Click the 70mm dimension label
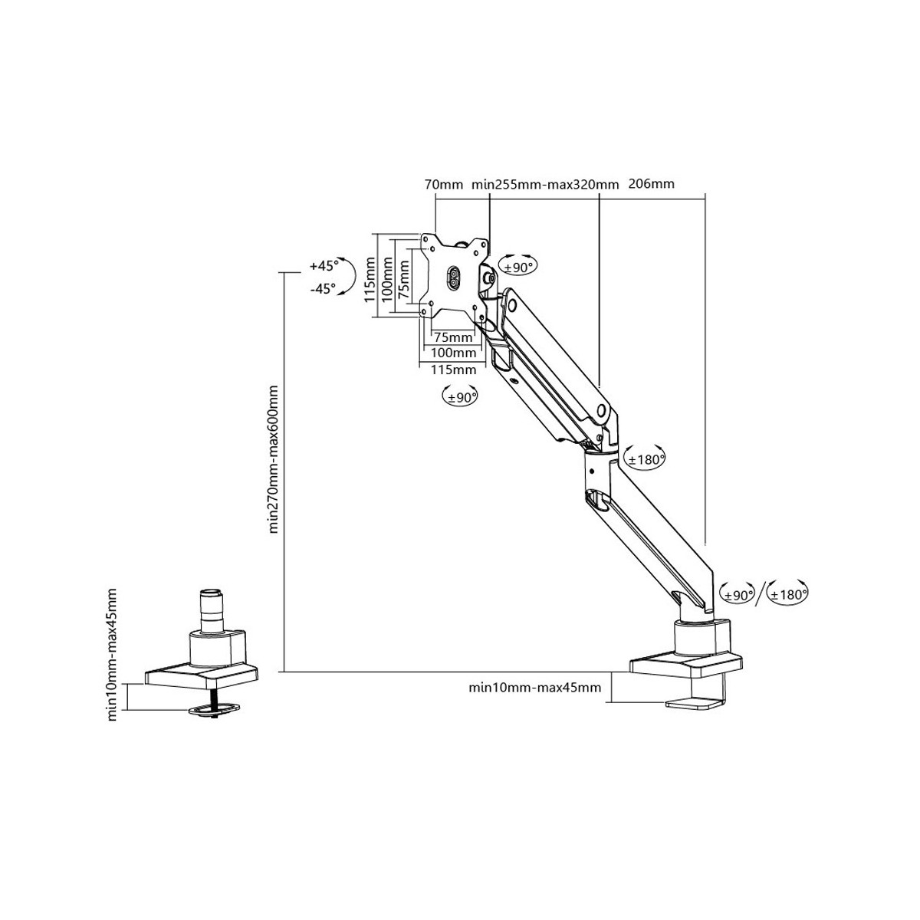443,184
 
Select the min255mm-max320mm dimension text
545,184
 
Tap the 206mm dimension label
651,184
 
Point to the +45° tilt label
324,266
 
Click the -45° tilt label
324,289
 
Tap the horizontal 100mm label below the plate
454,353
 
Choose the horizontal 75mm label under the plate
454,337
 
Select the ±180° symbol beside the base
789,593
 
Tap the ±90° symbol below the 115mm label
460,396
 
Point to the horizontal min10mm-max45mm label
535,687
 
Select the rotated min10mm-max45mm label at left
112,655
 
